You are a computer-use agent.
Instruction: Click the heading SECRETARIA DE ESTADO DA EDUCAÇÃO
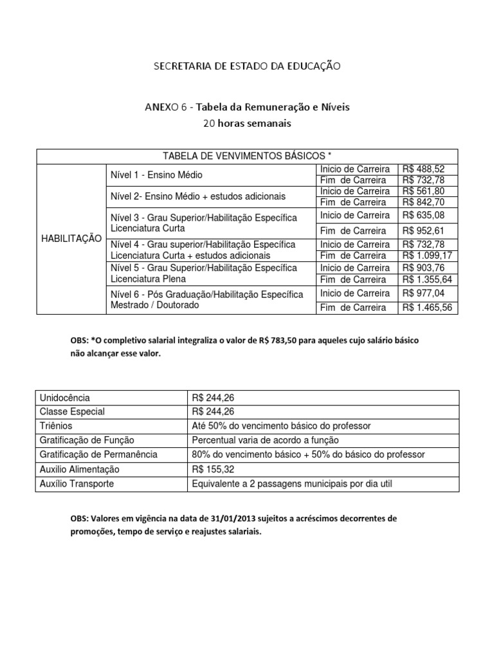tap(246, 66)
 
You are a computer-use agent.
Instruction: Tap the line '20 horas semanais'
tap(246, 122)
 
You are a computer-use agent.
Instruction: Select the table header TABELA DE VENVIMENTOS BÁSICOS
tap(247, 156)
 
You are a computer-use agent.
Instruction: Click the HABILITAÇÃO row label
tap(71, 238)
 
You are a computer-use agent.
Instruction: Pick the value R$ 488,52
tap(424, 169)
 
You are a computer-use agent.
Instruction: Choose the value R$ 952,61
tap(424, 230)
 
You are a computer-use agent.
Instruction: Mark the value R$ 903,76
tap(424, 268)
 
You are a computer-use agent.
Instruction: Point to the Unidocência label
tap(65, 398)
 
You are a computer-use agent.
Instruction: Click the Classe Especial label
tap(72, 411)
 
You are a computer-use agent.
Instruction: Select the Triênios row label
tap(56, 426)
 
